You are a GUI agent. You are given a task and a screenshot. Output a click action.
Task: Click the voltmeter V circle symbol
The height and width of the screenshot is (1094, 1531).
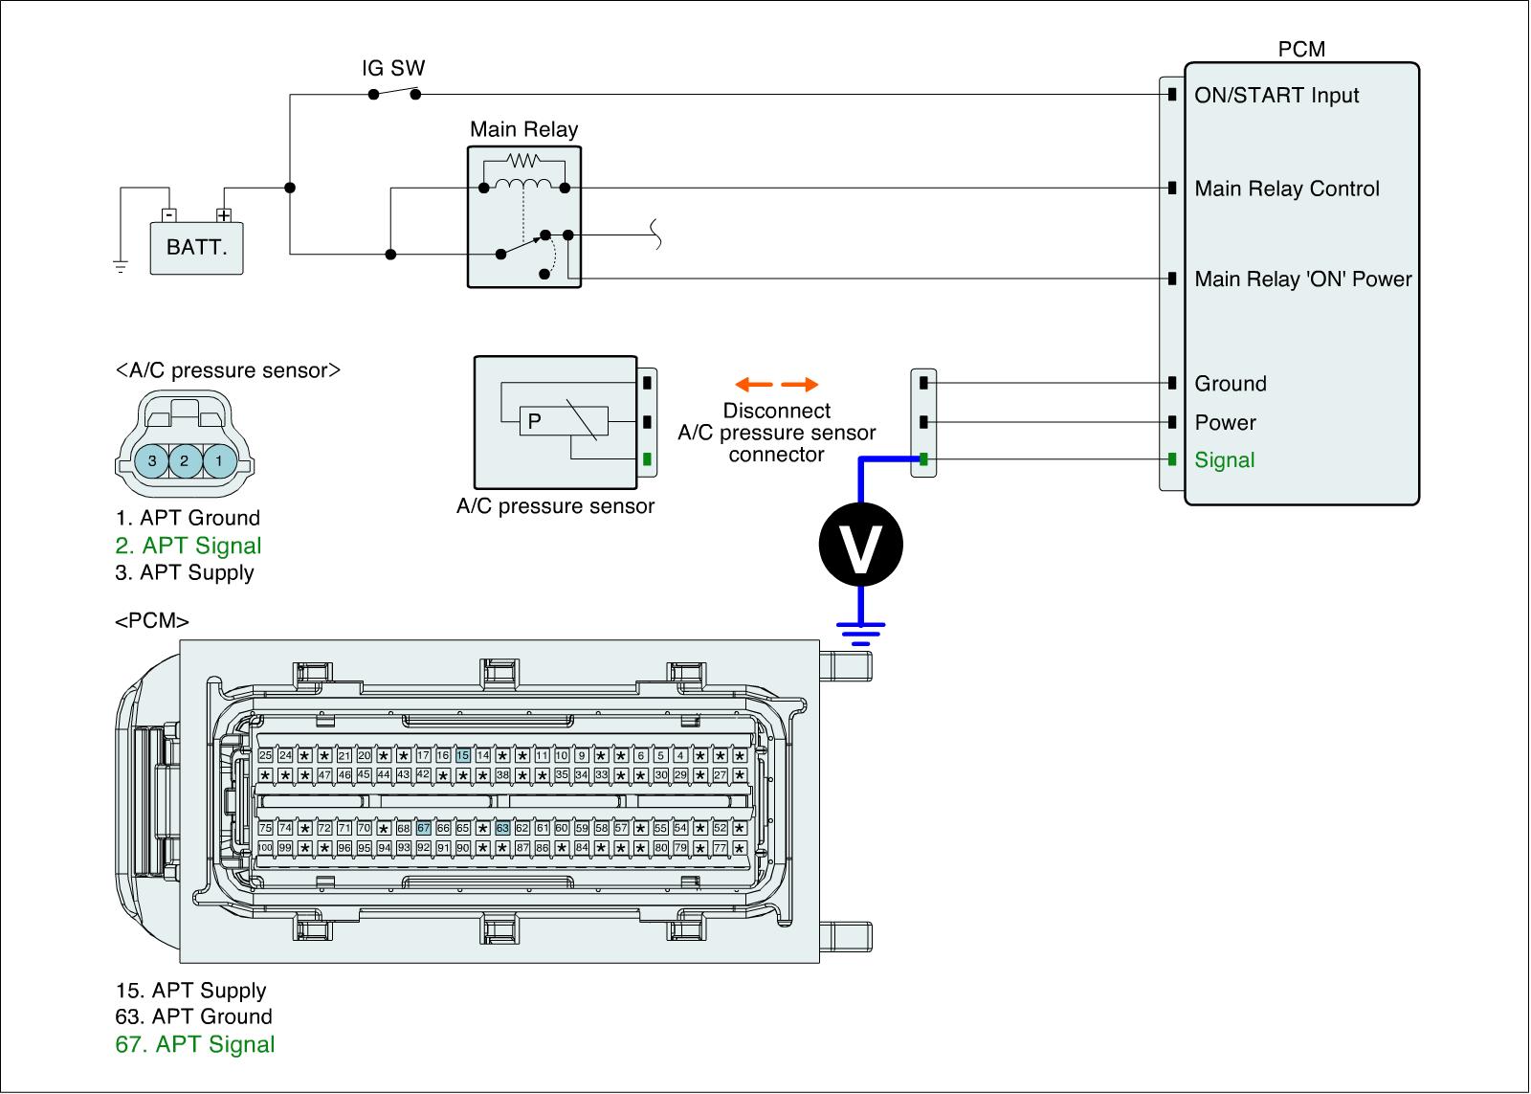[x=861, y=545]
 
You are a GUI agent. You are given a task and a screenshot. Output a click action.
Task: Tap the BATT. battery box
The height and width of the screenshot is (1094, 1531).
[x=197, y=248]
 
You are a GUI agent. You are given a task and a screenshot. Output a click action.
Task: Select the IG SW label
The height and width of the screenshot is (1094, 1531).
[x=393, y=69]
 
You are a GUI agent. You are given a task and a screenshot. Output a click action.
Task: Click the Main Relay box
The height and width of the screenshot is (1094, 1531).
[x=524, y=217]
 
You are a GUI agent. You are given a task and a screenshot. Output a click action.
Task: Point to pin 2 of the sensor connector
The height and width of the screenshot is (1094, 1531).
[x=185, y=461]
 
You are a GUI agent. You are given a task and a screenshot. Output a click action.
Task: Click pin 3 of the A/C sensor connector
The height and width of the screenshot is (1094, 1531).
[x=152, y=461]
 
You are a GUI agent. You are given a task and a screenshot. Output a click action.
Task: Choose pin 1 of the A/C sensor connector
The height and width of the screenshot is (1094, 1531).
[x=218, y=461]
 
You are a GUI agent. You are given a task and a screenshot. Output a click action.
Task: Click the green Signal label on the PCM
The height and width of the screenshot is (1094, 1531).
[x=1224, y=460]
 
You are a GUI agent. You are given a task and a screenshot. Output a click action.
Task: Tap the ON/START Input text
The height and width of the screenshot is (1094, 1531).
[x=1276, y=96]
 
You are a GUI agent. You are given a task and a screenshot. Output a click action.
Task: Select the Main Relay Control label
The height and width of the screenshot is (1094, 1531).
[x=1287, y=189]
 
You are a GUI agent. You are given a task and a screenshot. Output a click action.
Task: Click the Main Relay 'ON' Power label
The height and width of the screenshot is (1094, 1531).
[x=1303, y=279]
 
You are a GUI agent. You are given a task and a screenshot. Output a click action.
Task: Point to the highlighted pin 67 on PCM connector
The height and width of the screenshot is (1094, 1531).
[x=424, y=828]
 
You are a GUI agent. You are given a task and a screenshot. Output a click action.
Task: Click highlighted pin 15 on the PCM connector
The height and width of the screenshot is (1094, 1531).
[x=463, y=756]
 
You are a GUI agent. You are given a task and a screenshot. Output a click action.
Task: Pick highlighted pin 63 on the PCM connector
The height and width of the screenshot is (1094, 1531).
[x=502, y=828]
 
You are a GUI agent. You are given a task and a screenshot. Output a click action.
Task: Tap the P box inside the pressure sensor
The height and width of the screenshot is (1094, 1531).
[x=535, y=420]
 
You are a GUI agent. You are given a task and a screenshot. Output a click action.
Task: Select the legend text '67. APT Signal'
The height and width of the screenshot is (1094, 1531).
[x=195, y=1044]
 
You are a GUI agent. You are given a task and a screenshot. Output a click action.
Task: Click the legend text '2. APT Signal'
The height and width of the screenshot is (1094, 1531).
[x=189, y=546]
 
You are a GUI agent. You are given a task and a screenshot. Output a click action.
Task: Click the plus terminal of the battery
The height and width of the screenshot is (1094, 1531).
[x=224, y=215]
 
